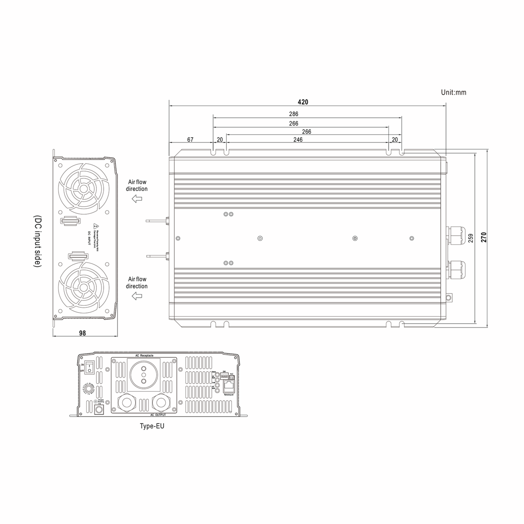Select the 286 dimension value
[x=293, y=114]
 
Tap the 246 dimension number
[x=298, y=140]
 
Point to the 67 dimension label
[x=190, y=140]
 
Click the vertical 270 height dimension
[x=484, y=237]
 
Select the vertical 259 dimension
[x=471, y=238]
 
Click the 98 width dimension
[x=83, y=333]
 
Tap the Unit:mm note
[x=453, y=93]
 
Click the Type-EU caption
[x=152, y=426]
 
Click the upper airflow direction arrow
[x=137, y=199]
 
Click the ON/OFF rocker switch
[x=89, y=367]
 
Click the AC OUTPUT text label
[x=158, y=415]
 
